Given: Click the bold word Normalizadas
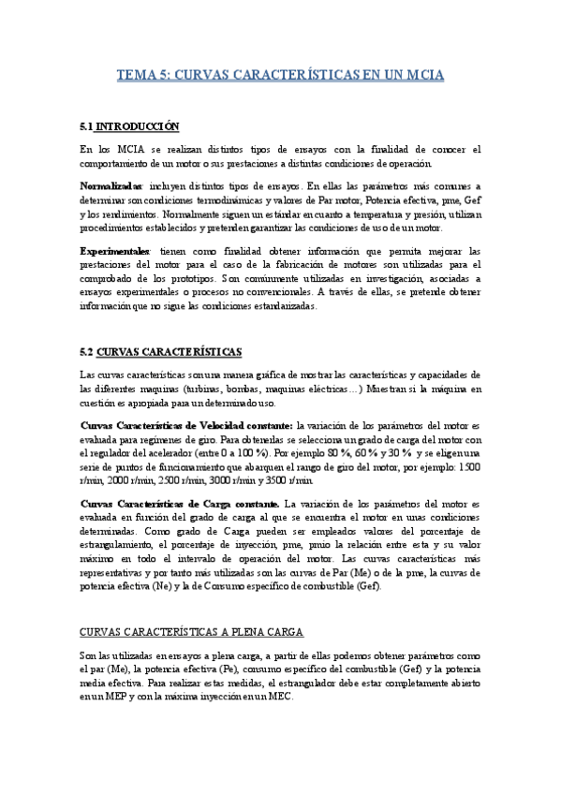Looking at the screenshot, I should click(111, 185).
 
